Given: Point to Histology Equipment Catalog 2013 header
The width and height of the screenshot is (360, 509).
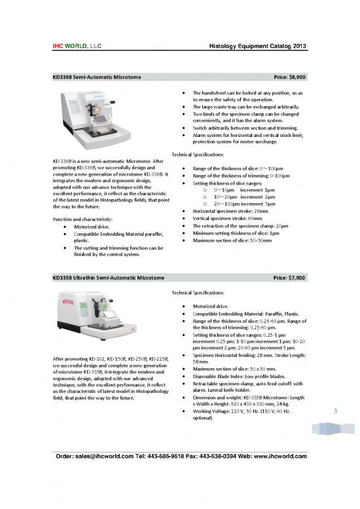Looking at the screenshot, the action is (258, 46).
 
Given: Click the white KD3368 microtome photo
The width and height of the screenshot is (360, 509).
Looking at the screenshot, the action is (108, 122).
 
